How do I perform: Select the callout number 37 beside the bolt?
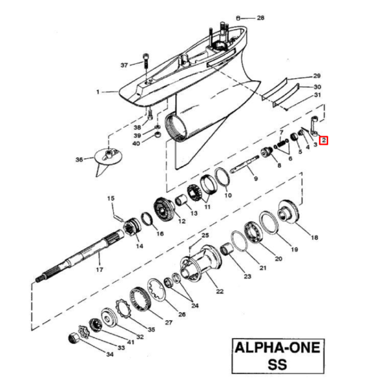pos(126,65)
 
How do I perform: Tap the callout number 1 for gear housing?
pos(98,93)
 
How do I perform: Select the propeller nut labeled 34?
pos(77,339)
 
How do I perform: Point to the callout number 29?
pos(318,76)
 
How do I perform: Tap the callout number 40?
pos(136,143)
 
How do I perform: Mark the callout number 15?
pos(111,198)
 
